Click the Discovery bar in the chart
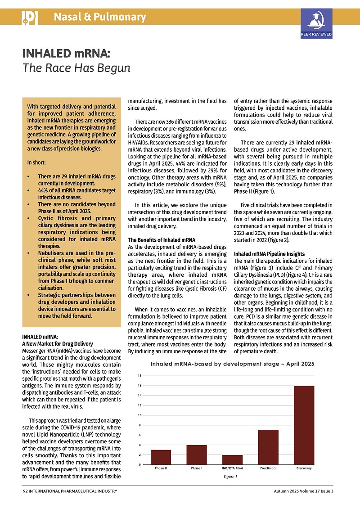point(304,425)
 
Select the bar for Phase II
point(161,457)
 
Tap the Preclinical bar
point(268,447)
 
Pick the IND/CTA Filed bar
point(232,459)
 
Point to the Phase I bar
point(197,455)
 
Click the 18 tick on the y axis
point(140,375)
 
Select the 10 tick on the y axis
point(140,415)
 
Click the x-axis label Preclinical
point(268,468)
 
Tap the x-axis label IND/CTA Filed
point(233,468)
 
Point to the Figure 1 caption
point(230,477)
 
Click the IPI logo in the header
point(29,18)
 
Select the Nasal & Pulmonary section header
point(100,18)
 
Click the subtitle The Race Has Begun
point(76,68)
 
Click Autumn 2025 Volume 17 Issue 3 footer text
point(304,491)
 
